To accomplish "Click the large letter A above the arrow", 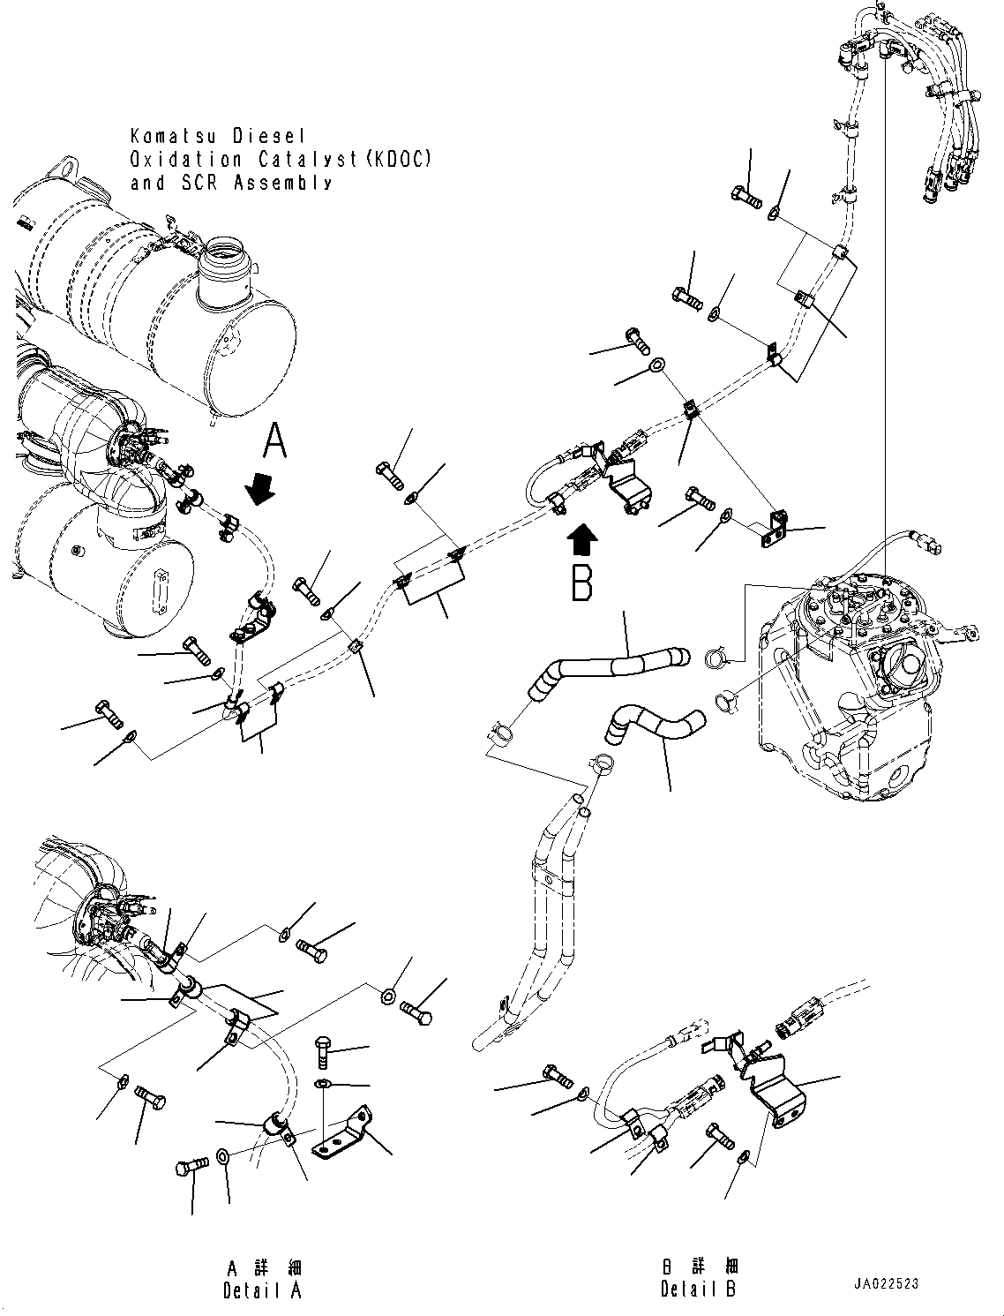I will coord(276,440).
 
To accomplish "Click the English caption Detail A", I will coord(263,1290).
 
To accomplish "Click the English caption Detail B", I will coord(698,1290).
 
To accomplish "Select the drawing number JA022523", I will coord(885,1283).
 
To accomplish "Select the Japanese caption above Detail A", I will coord(263,1268).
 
